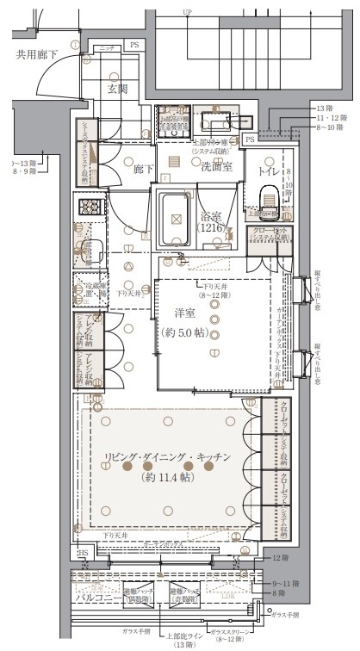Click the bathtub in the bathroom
point(177,219)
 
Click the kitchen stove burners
point(90,209)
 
